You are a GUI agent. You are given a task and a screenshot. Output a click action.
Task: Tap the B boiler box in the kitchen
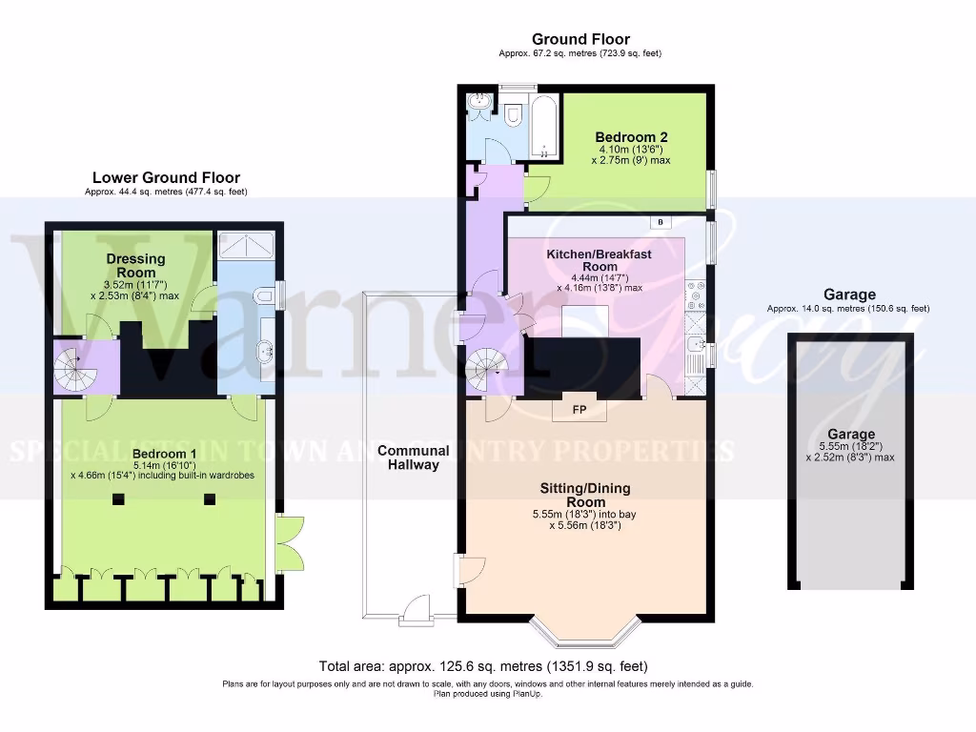(661, 222)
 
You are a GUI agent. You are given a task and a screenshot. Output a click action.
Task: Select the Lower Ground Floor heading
(166, 177)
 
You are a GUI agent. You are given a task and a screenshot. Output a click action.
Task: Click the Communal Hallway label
(413, 457)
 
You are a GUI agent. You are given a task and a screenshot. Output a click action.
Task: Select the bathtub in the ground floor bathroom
(544, 125)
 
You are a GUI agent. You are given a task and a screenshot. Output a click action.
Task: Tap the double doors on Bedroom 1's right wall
(289, 543)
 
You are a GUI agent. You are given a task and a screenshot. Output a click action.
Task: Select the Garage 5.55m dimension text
(850, 446)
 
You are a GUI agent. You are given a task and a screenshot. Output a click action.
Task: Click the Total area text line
(487, 666)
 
